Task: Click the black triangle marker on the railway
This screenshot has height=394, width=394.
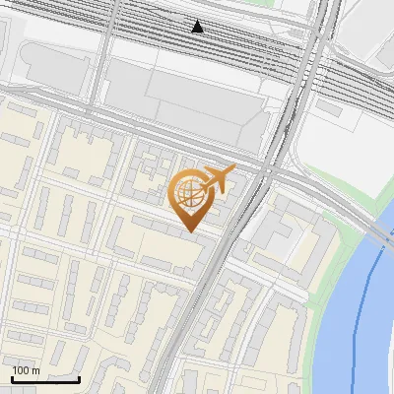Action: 198,27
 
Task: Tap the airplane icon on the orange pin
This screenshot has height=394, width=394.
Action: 219,179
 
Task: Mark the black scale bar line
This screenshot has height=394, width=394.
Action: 45,379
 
